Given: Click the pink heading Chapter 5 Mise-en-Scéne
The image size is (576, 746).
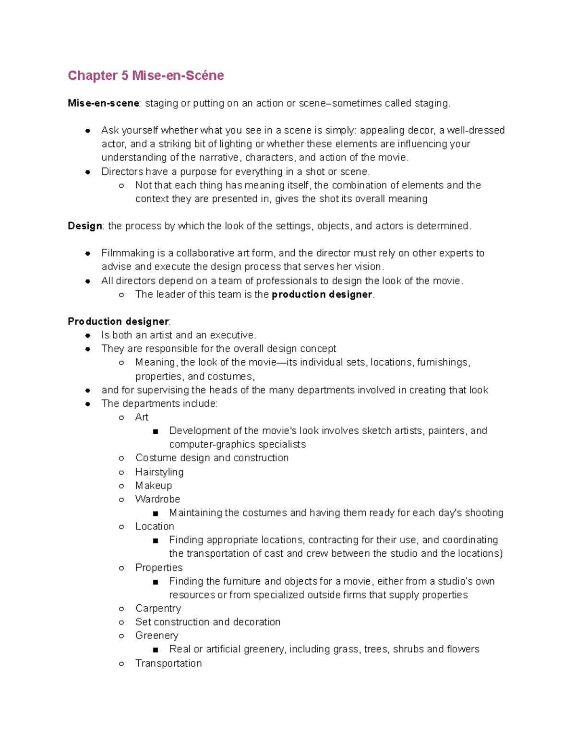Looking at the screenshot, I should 145,75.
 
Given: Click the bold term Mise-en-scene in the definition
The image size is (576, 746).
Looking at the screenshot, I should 104,103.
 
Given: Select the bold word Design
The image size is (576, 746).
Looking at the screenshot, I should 85,226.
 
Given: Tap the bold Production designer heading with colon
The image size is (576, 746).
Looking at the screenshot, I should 119,321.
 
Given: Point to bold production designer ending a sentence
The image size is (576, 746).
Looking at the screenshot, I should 322,294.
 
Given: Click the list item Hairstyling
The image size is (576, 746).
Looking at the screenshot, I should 159,472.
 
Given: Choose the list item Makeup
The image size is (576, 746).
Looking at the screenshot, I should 154,486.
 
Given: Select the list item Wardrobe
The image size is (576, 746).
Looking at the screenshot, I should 157,499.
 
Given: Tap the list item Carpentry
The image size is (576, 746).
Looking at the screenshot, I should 158,608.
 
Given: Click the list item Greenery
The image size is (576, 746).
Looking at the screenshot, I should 156,636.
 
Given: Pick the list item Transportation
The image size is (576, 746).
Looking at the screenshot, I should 168,663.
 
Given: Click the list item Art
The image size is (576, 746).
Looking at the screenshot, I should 142,417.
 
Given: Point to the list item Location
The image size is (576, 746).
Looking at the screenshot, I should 155,526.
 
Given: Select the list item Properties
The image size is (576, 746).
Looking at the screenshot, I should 159,568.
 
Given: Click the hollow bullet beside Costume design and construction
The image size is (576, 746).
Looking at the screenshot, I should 122,458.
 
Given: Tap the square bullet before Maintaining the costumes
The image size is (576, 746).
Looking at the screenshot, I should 155,514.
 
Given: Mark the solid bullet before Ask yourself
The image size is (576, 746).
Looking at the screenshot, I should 88,131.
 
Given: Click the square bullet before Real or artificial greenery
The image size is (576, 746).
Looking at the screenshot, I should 155,650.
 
